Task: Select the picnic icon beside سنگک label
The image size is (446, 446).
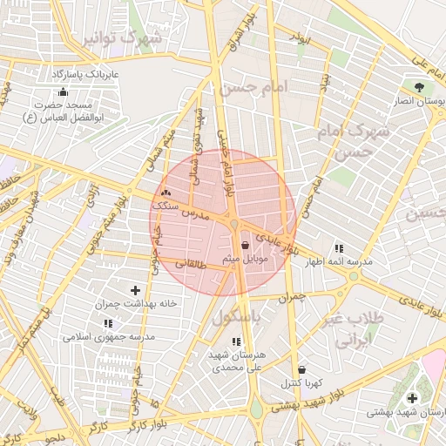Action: click(x=166, y=193)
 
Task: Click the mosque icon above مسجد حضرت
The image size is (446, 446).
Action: click(x=62, y=91)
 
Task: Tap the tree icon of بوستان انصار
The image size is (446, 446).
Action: click(x=420, y=87)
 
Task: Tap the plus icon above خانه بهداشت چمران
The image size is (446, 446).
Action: click(x=135, y=290)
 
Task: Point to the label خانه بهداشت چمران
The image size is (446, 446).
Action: click(x=130, y=304)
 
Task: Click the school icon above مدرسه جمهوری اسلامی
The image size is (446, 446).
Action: click(x=108, y=322)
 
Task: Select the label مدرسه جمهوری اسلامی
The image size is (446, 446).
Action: click(x=108, y=336)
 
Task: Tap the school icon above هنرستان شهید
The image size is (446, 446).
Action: click(x=236, y=341)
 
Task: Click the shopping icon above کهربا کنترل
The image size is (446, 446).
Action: click(x=301, y=370)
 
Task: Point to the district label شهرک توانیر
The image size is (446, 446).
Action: click(x=120, y=40)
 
